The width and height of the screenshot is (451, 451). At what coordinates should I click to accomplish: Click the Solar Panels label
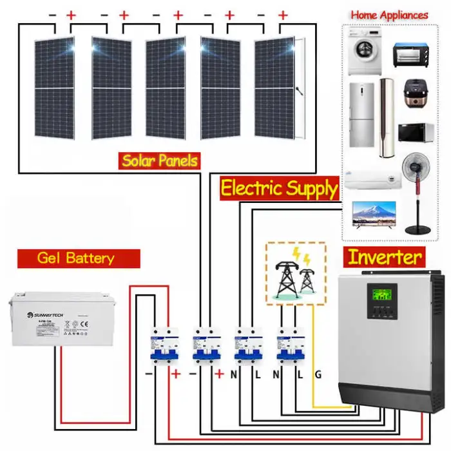pyautogui.click(x=160, y=160)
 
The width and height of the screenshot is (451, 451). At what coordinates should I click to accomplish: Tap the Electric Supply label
pyautogui.click(x=279, y=188)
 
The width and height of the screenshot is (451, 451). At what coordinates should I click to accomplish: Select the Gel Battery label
pyautogui.click(x=76, y=258)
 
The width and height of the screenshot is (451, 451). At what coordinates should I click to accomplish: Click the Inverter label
pyautogui.click(x=385, y=257)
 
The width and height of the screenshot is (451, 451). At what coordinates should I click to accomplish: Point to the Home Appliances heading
pyautogui.click(x=389, y=15)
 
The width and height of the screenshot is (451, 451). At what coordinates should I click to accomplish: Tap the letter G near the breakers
pyautogui.click(x=318, y=374)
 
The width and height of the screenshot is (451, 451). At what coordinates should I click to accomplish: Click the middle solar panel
pyautogui.click(x=165, y=88)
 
